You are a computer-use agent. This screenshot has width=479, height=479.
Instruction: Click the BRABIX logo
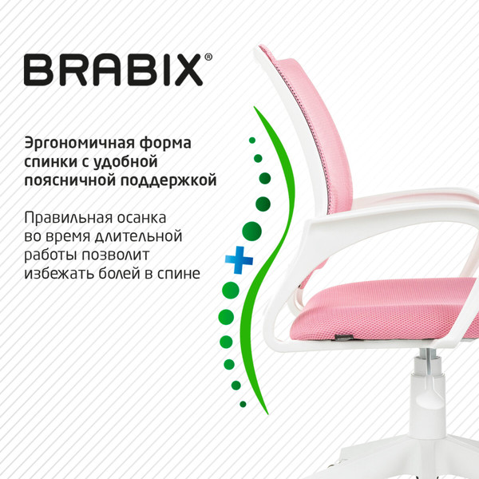coord(113,69)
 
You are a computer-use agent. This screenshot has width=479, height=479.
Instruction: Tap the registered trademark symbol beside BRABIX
coord(209,57)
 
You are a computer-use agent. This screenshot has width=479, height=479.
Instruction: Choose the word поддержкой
coord(175,181)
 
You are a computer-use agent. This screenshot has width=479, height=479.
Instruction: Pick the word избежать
coord(62,274)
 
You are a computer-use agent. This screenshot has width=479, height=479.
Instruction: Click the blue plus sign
coord(238,259)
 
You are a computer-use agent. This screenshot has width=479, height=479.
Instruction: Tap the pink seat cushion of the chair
coord(383,311)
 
